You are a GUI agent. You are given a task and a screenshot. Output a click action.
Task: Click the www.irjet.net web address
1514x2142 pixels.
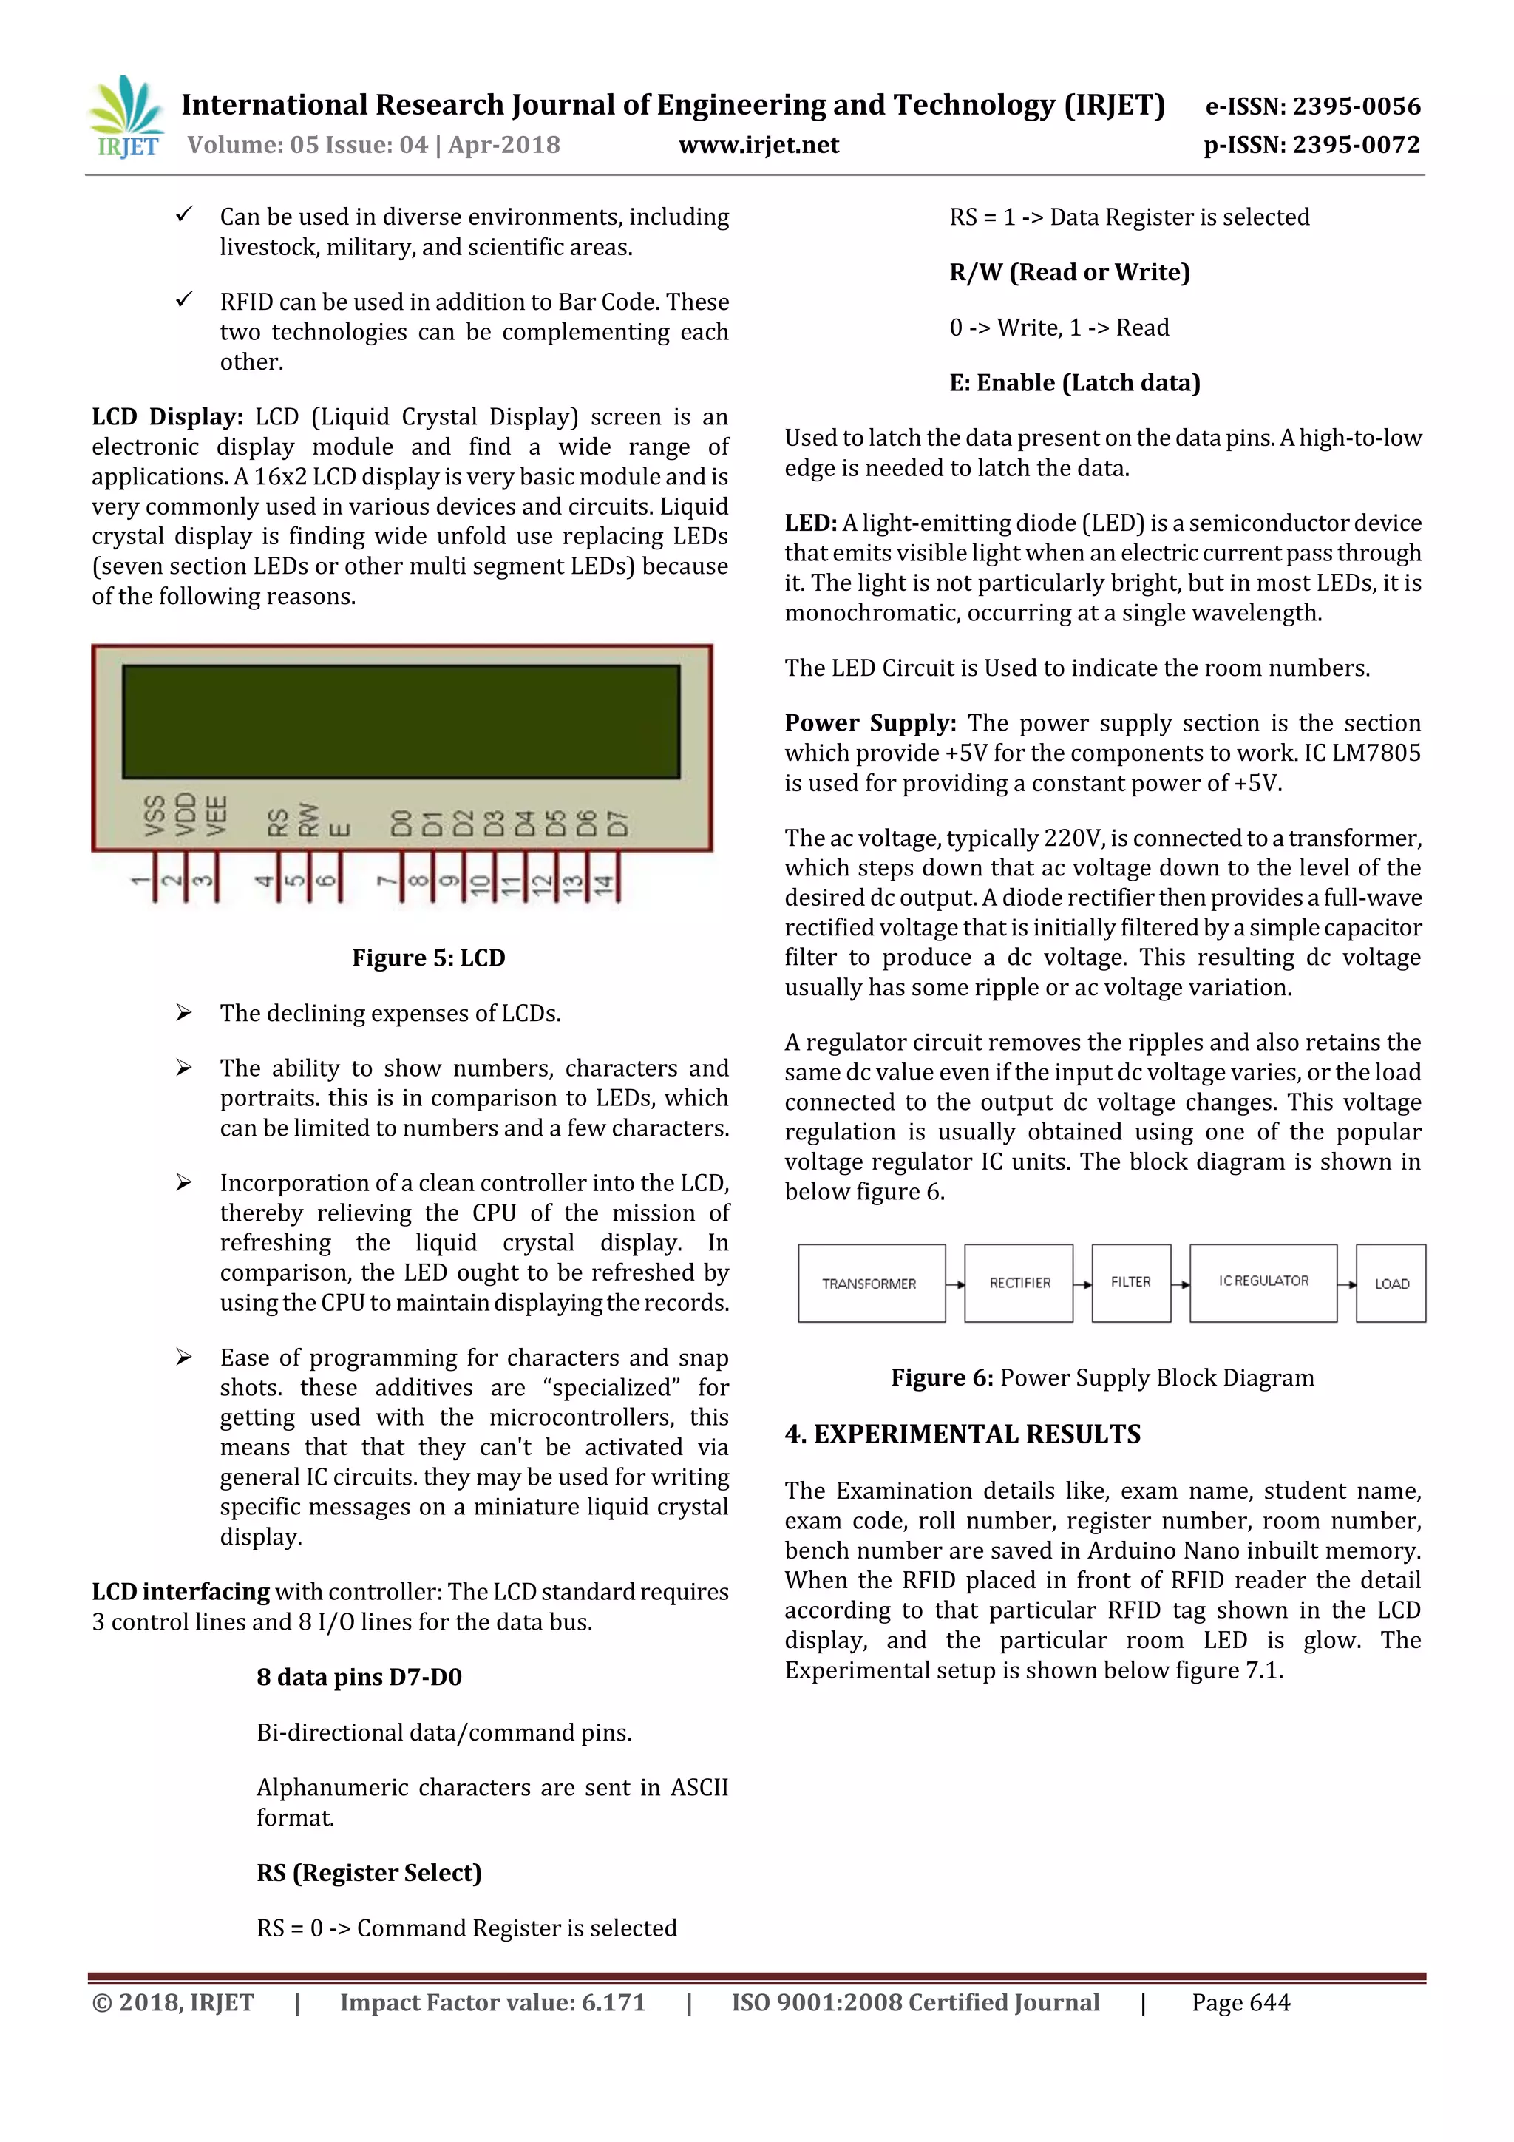click(758, 145)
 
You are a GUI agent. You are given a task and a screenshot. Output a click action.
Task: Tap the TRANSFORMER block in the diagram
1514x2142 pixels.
click(870, 1283)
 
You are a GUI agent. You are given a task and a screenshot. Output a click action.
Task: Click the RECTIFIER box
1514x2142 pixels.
click(1019, 1283)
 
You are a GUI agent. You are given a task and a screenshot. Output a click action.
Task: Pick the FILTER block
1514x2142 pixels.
click(1130, 1283)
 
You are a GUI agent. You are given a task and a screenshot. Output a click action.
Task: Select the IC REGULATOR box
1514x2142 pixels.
click(1263, 1282)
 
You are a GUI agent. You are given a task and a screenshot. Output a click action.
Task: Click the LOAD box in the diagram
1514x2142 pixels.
click(1391, 1284)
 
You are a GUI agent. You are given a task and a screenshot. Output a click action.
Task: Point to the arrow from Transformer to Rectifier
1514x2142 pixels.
click(955, 1284)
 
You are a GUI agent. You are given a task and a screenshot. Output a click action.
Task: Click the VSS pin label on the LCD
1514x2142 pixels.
click(155, 815)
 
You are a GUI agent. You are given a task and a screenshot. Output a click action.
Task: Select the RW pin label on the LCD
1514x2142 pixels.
click(309, 819)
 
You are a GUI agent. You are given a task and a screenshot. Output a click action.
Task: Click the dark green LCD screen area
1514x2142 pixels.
click(401, 721)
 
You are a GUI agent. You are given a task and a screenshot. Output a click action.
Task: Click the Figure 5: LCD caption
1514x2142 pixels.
click(428, 958)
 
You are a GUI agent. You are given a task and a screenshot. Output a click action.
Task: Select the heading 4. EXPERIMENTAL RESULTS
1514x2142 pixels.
click(963, 1434)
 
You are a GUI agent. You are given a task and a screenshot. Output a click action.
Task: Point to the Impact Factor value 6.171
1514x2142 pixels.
click(492, 2002)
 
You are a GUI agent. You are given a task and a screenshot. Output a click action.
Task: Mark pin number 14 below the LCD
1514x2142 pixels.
click(603, 884)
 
